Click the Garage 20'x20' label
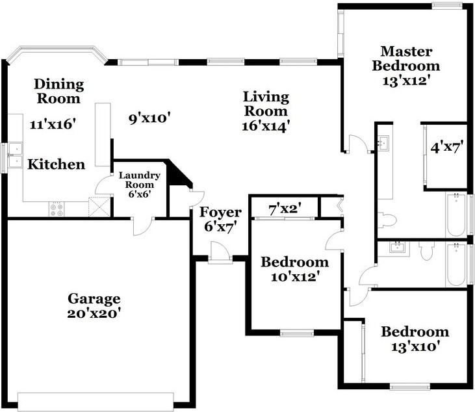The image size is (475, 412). point(94,305)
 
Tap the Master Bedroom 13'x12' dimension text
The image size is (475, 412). point(406,81)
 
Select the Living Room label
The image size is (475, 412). point(266,104)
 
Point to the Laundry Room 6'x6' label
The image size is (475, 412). point(139,185)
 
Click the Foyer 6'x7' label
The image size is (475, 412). point(220,220)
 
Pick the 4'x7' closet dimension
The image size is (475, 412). point(447,148)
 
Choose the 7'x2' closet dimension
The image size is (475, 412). point(285,209)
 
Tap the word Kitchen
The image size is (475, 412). point(57,164)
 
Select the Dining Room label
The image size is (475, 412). point(58,91)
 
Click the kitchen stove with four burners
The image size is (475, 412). point(57,209)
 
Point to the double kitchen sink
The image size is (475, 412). point(15,155)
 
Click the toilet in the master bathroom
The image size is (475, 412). point(387,220)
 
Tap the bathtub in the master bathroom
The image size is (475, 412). point(456,214)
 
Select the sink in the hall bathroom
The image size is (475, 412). point(398,248)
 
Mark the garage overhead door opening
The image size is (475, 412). point(96,402)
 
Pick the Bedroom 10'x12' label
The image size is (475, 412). point(295,269)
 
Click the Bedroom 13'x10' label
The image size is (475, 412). point(415,339)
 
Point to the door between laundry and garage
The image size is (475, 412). point(143,226)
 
